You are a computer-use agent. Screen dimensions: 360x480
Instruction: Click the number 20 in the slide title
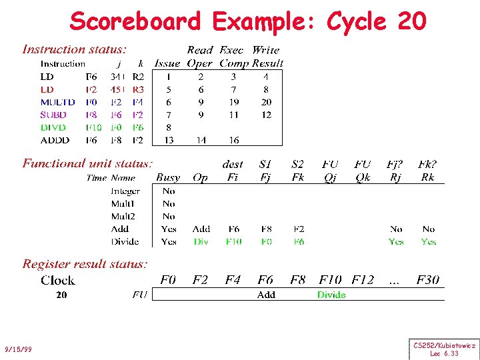pos(411,21)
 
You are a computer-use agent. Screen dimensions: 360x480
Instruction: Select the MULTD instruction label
pos(57,102)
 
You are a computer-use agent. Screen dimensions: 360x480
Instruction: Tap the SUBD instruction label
pos(53,115)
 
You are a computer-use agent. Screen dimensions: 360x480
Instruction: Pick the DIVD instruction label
pos(53,127)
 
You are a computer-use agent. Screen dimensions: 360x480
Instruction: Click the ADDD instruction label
pos(54,140)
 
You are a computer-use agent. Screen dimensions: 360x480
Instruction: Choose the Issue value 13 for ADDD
pos(169,140)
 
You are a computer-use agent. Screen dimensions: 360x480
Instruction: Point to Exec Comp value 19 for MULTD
pos(233,102)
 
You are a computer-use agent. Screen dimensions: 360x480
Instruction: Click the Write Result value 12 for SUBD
pos(266,115)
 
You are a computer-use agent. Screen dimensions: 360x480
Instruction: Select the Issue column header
pos(167,63)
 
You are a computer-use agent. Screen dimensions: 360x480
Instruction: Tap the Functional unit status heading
pos(88,163)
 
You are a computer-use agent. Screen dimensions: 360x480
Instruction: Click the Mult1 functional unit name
pos(123,203)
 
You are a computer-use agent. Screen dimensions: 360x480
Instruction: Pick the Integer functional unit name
pos(125,191)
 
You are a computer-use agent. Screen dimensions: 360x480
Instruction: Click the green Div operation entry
pos(201,241)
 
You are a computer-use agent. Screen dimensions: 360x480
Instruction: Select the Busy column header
pos(168,177)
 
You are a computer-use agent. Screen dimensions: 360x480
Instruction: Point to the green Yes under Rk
pos(428,241)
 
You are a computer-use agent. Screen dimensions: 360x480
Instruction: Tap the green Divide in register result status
pos(331,294)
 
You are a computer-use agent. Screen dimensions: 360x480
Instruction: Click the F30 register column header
pos(428,279)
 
